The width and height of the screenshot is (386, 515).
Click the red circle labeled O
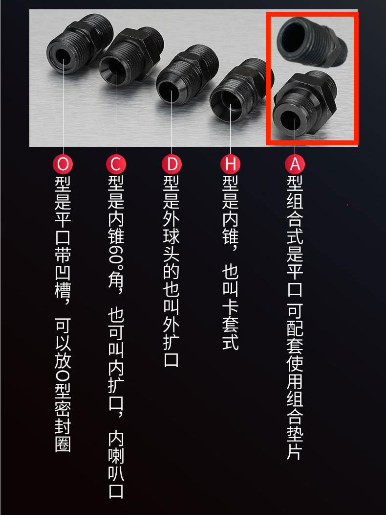pos(63,164)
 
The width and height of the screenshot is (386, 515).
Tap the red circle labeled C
pos(116,164)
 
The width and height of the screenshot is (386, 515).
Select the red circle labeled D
pos(172,164)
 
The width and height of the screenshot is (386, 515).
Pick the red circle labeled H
pos(230,164)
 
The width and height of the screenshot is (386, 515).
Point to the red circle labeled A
pos(295,164)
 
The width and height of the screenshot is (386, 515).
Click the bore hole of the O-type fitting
pos(63,58)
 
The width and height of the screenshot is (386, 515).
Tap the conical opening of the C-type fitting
pos(113,69)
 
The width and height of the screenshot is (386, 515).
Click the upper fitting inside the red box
pos(310,41)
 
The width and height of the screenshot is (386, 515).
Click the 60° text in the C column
pos(116,255)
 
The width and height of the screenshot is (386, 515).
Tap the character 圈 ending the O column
pos(63,445)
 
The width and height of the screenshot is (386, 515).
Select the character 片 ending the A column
pos(295,450)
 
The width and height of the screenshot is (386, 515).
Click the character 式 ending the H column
pos(230,342)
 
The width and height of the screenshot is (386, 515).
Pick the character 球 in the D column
pos(172,235)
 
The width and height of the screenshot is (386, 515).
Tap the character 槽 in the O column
pos(63,289)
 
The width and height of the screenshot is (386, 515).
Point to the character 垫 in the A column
pos(295,433)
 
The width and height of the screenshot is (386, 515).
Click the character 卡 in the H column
pos(230,306)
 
